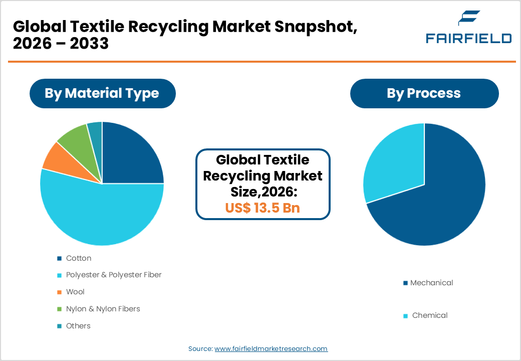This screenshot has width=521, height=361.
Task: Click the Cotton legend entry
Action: [78, 258]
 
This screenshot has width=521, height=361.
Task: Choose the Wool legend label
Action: [75, 292]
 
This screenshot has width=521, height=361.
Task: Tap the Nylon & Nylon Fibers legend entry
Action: [103, 309]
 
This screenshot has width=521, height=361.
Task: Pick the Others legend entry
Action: [78, 326]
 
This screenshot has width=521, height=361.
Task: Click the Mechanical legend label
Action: [431, 283]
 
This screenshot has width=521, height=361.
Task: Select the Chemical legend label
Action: [429, 315]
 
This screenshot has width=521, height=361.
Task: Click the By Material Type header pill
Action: [102, 93]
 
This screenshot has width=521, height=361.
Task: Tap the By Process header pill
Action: [424, 93]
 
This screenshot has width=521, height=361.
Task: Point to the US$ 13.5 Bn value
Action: [263, 208]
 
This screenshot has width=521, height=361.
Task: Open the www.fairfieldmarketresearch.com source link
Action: [271, 348]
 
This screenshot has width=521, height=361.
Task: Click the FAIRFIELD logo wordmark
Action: [468, 38]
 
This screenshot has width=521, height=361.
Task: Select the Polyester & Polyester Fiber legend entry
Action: [114, 275]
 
